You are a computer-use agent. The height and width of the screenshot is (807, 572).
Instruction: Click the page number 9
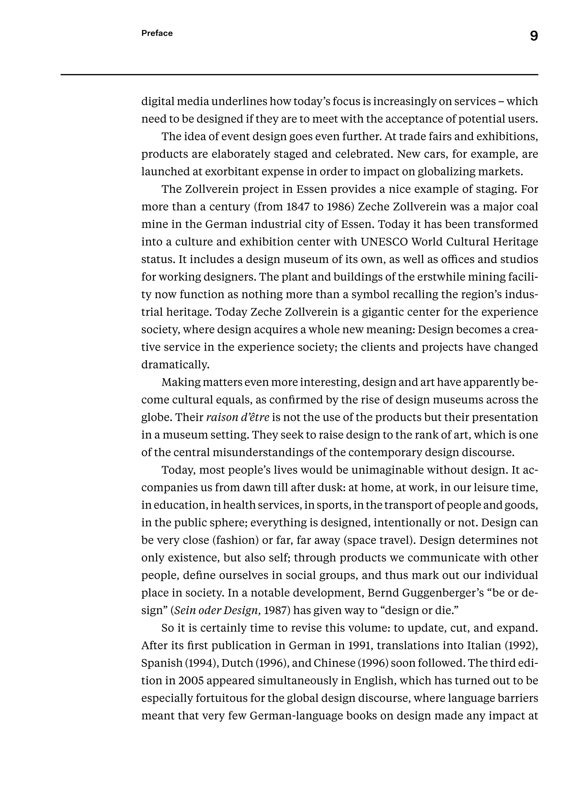534,36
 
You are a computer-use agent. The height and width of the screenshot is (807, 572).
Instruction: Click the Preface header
157,33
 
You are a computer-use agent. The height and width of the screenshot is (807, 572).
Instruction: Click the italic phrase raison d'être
237,417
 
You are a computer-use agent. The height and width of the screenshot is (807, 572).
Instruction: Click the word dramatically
175,365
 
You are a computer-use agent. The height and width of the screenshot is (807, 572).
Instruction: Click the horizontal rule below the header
299,75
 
